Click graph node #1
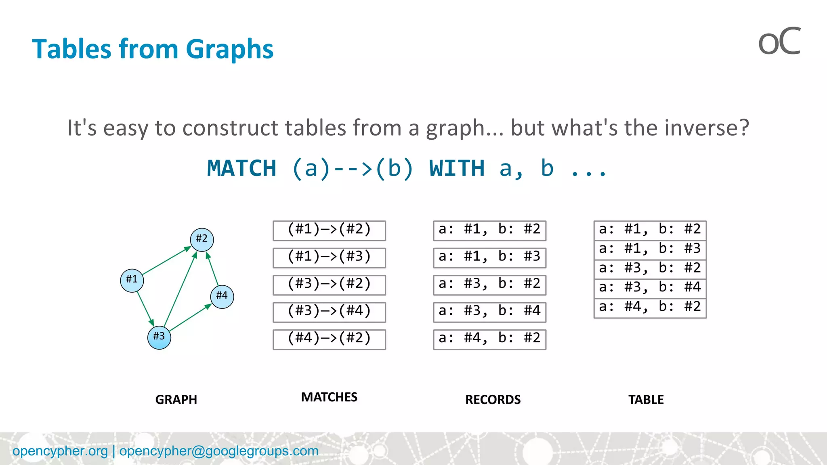pos(132,280)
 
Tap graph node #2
pos(202,239)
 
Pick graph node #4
pos(222,296)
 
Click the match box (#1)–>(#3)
pos(329,258)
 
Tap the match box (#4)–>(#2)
pos(329,339)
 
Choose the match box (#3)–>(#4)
pos(329,312)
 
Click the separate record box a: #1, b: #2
pos(489,230)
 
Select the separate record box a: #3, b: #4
pos(489,312)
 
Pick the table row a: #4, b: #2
pos(650,308)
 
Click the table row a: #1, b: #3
pos(650,249)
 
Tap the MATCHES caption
pos(329,397)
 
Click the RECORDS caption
pos(493,400)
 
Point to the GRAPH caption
pos(176,400)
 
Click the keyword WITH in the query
pos(457,168)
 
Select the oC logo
pos(779,42)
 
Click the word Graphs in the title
pos(229,49)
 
